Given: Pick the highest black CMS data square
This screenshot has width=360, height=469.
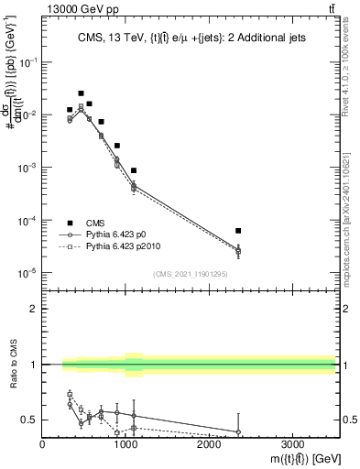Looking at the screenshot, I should click(x=82, y=93).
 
